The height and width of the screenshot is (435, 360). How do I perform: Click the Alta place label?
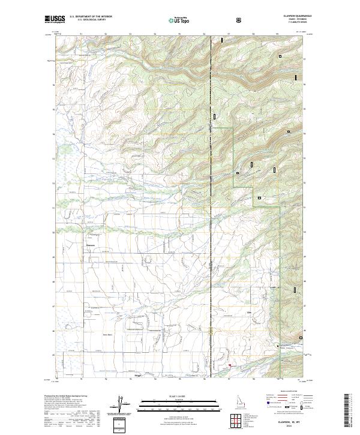pos(248,313)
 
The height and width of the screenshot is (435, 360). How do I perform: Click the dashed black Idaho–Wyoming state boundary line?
pos(211,180)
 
